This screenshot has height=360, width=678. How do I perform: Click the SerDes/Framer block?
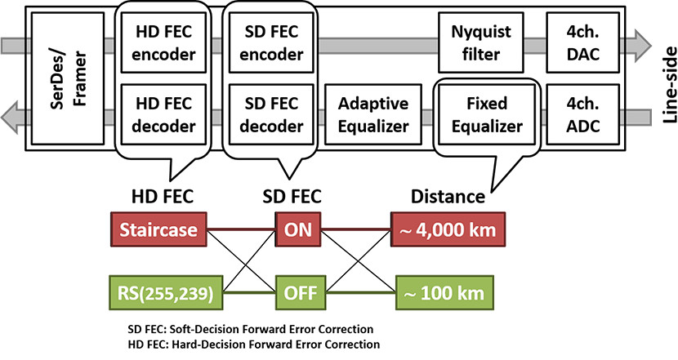pyautogui.click(x=68, y=78)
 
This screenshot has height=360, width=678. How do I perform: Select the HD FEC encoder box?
pyautogui.click(x=163, y=42)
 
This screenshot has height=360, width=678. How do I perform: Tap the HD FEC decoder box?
pyautogui.click(x=163, y=114)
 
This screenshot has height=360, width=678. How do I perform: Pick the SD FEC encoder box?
pyautogui.click(x=271, y=42)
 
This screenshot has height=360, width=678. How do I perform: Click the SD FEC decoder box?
pyautogui.click(x=271, y=114)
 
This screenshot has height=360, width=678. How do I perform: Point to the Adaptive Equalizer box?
pyautogui.click(x=373, y=114)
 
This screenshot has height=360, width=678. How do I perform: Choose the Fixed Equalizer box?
pyautogui.click(x=487, y=114)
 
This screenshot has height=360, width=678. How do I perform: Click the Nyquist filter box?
pyautogui.click(x=481, y=42)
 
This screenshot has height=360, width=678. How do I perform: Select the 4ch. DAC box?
pyautogui.click(x=583, y=42)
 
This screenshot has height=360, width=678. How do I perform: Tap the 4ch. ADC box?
pyautogui.click(x=583, y=114)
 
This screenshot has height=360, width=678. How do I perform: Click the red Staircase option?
pyautogui.click(x=158, y=229)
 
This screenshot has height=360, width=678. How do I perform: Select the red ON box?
pyautogui.click(x=298, y=229)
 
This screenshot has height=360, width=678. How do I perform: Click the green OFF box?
pyautogui.click(x=301, y=292)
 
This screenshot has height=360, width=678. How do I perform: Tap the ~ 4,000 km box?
pyautogui.click(x=448, y=229)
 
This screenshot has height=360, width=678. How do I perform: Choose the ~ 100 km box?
pyautogui.click(x=444, y=292)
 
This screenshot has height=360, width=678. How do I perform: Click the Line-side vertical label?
pyautogui.click(x=669, y=85)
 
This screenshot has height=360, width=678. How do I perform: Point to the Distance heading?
pyautogui.click(x=448, y=197)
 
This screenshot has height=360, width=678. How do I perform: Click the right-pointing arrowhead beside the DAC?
pyautogui.click(x=644, y=46)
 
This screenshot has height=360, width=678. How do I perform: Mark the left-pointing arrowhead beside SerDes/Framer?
pyautogui.click(x=10, y=117)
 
